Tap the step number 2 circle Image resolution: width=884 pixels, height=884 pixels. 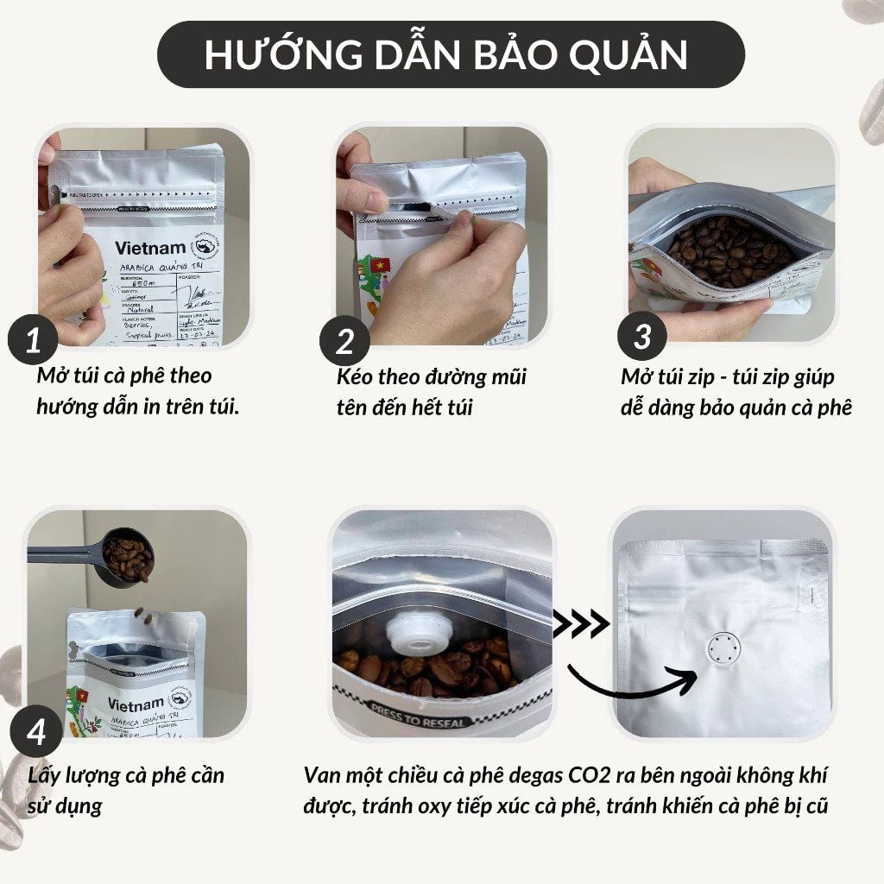click(x=344, y=342)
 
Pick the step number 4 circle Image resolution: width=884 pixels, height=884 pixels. click(x=36, y=733)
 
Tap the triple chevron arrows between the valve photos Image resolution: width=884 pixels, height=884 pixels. click(x=581, y=622)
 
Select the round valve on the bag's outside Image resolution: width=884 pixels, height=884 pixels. click(x=721, y=648)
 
